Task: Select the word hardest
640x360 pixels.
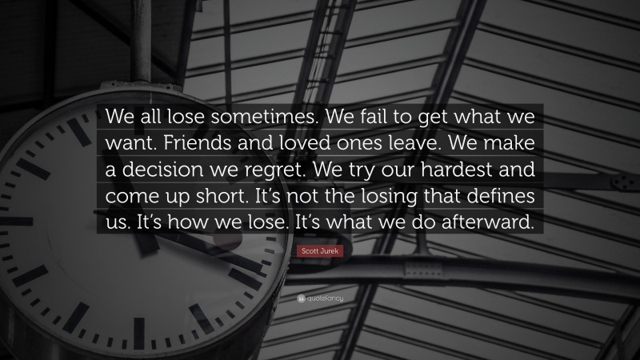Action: point(468,170)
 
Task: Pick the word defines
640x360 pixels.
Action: point(504,198)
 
